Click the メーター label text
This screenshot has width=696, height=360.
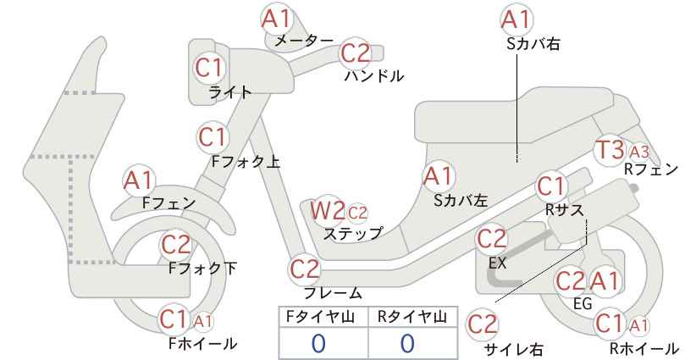click(304, 41)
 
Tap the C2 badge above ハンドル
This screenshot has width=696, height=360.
click(356, 53)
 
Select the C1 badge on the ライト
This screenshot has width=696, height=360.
click(210, 68)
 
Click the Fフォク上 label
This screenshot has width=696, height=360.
click(246, 162)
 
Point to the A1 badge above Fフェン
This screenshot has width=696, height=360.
click(139, 181)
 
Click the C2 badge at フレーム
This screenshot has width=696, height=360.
click(305, 269)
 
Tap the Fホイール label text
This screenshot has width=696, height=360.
click(203, 343)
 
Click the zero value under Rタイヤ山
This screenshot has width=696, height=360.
click(407, 343)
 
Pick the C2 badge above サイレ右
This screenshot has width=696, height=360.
click(483, 324)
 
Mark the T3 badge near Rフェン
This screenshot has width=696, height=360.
click(610, 150)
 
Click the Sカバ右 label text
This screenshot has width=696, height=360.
click(533, 43)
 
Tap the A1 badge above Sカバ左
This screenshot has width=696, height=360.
click(438, 176)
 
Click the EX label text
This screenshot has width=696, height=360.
click(498, 263)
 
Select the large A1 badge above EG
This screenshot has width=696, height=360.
click(604, 281)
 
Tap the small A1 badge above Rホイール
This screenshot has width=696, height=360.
click(639, 326)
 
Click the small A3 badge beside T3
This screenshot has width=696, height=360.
click(639, 152)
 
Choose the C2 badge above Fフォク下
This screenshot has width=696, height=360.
click(176, 245)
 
